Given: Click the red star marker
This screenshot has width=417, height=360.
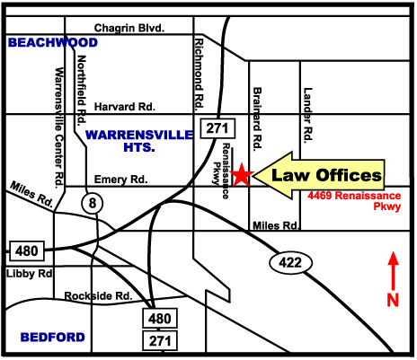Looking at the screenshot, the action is coord(241,174).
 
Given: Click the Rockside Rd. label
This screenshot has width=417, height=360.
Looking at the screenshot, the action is coord(99,295).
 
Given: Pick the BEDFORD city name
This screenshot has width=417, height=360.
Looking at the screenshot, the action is coord(53,338).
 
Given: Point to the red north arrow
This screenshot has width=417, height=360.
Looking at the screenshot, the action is coord(392,270).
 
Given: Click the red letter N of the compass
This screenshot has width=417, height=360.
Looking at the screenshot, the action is coord(392,301).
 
